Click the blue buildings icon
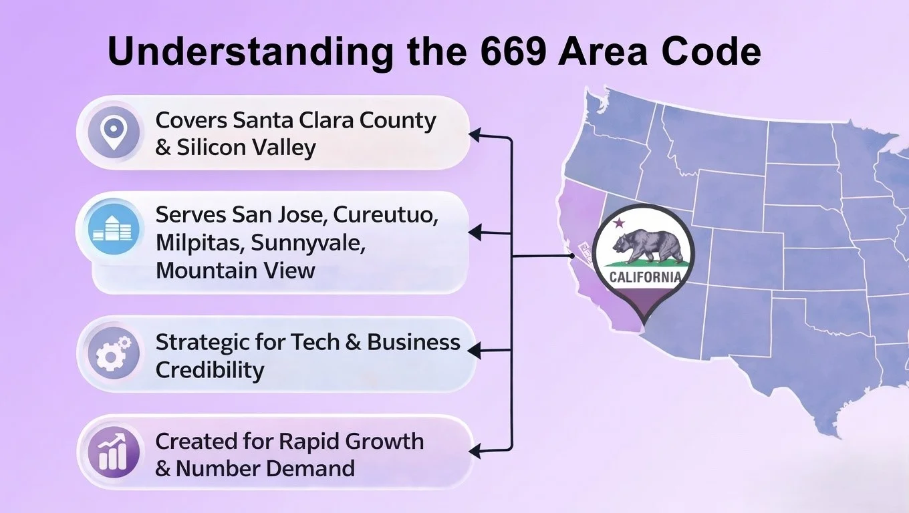(113, 228)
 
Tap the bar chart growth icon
(114, 452)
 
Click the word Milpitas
(199, 243)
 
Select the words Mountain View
(235, 270)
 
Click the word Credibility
(210, 370)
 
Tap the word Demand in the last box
(310, 468)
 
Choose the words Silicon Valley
(247, 148)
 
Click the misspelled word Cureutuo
(386, 214)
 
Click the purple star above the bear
(619, 222)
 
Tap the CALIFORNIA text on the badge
(645, 277)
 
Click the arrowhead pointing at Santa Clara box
(475, 136)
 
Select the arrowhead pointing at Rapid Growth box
(475, 451)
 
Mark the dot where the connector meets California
(571, 256)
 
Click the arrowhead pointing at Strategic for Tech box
(475, 351)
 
